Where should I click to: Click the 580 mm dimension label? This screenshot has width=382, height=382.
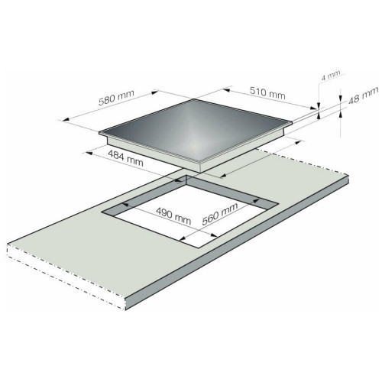[x=116, y=98]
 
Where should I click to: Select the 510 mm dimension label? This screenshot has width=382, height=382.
[x=267, y=92]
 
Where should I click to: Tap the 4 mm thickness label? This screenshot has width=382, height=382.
[x=331, y=76]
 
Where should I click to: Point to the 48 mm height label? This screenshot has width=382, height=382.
[x=364, y=95]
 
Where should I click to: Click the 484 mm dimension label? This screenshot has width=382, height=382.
[x=125, y=158]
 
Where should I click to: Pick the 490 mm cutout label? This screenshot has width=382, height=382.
[x=173, y=215]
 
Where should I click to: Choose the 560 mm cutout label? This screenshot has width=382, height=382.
[x=220, y=214]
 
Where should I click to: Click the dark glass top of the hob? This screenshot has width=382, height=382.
[x=195, y=130]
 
